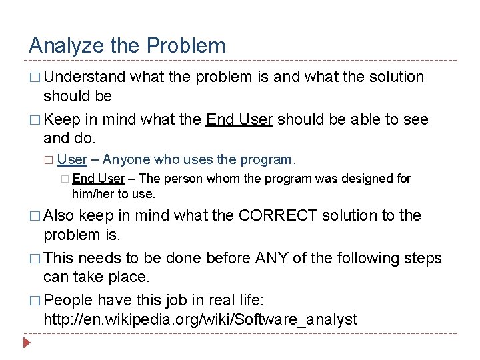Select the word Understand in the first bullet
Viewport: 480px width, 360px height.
coord(85,77)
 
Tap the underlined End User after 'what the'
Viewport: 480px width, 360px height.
coord(239,120)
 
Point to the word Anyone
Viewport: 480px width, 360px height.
coord(127,159)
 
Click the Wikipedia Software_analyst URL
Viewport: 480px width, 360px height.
coord(200,320)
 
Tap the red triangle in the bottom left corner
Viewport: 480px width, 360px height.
coord(27,345)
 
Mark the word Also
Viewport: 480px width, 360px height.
coord(61,215)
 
